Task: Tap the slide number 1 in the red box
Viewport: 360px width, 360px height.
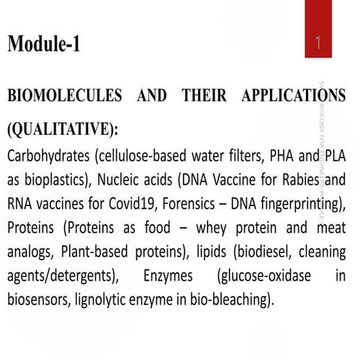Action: (319, 44)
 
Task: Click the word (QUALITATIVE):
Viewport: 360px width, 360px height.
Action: (62, 129)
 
